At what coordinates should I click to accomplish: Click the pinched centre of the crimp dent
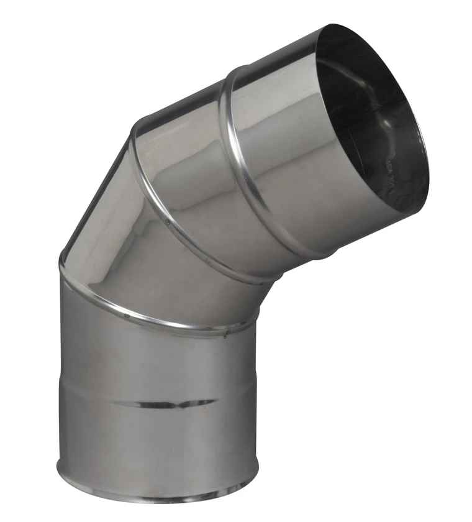click(181, 404)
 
